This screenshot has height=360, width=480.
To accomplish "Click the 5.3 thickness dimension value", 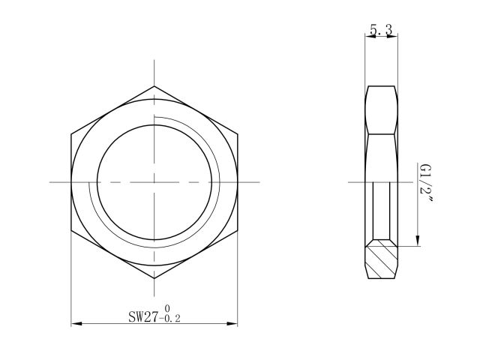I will [380, 30].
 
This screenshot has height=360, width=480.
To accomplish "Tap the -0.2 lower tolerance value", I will [169, 319].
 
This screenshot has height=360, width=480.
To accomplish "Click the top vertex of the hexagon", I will [154, 86].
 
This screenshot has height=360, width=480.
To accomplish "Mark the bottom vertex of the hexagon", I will [154, 279].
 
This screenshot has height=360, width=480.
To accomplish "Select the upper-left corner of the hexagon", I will [71, 135].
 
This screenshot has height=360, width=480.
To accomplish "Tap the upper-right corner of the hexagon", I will [238, 135].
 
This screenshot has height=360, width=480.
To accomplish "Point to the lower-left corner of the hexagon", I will [71, 230].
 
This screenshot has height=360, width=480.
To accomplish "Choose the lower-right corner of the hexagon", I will [238, 230].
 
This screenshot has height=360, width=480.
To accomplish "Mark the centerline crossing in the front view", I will [154, 182].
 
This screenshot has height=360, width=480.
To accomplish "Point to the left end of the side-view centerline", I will [350, 182].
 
